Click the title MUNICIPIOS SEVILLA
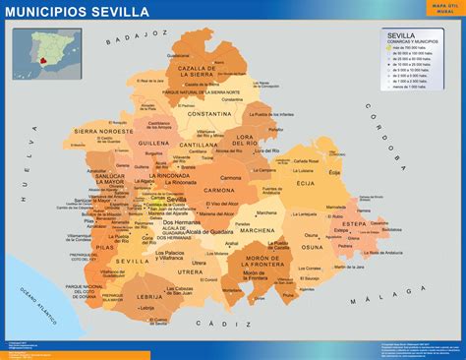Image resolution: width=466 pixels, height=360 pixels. coord(78,12)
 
